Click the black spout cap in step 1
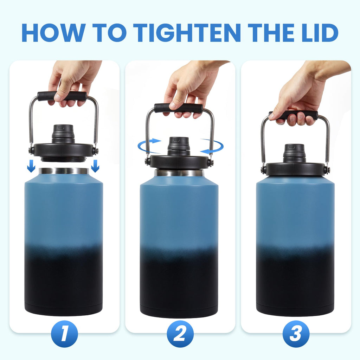(x=63, y=133)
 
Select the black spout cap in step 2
(x=179, y=146)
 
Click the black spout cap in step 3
(x=295, y=153)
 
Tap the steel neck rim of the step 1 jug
(x=64, y=171)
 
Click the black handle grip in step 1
(x=62, y=96)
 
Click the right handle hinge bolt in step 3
(x=327, y=170)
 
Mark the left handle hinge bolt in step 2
(x=147, y=161)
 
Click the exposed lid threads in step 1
(x=64, y=159)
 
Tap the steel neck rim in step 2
(x=179, y=173)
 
